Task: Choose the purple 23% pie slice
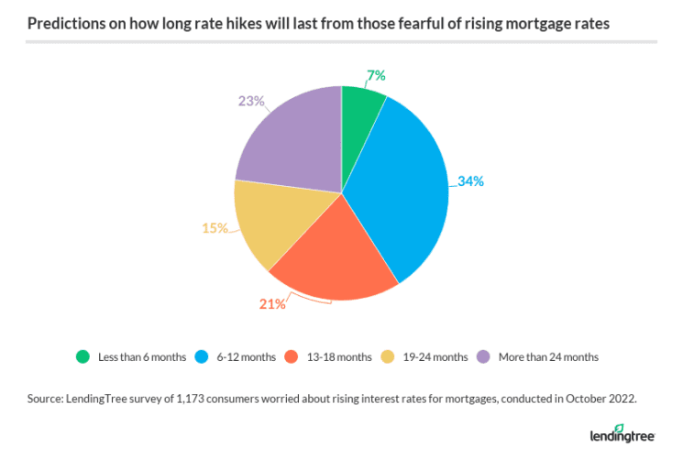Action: pyautogui.click(x=289, y=142)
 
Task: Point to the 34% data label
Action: pyautogui.click(x=470, y=180)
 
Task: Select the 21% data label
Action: pyautogui.click(x=272, y=303)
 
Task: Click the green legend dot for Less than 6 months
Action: pyautogui.click(x=83, y=356)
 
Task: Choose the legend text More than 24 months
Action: pyautogui.click(x=548, y=356)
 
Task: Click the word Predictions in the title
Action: pyautogui.click(x=67, y=21)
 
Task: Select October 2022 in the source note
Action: pyautogui.click(x=600, y=399)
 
